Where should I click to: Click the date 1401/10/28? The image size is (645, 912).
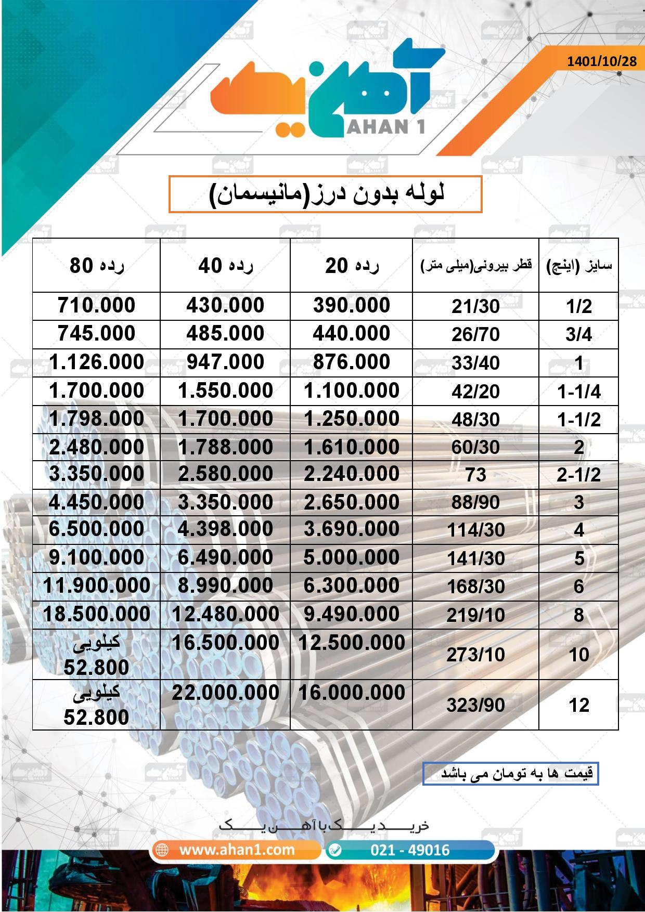coord(601,61)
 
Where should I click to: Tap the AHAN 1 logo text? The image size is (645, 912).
coord(385,126)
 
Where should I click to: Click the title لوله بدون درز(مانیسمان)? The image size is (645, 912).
coord(326,194)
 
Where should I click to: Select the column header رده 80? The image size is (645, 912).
coord(97,266)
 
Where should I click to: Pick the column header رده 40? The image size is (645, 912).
coord(225,266)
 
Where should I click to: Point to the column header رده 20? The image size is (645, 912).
coord(352,266)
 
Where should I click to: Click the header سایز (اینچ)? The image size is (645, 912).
coord(578,266)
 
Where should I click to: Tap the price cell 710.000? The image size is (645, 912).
coord(97,305)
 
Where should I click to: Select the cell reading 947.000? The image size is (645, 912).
coord(225,362)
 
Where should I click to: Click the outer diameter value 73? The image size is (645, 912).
coord(475,474)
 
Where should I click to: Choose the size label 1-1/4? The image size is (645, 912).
coord(578,392)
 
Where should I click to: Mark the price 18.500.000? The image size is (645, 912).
coord(97,614)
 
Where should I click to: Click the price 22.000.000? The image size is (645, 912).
coord(225,693)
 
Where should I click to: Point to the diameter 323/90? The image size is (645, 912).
coord(475,705)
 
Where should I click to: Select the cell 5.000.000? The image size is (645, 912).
coord(352,557)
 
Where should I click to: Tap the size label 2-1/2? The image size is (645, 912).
coord(578,474)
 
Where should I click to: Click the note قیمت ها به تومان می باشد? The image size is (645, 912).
coord(511,773)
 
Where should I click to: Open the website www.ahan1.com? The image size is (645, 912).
coord(237,850)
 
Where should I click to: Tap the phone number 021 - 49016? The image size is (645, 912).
coord(410,850)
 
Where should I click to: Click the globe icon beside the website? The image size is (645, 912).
coord(162,850)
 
